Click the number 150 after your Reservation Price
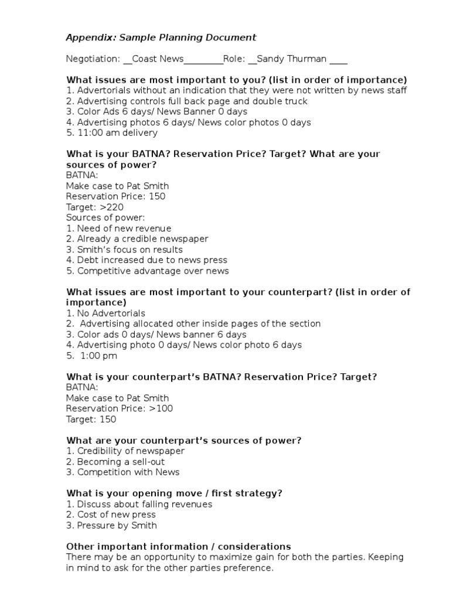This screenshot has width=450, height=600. click(x=157, y=196)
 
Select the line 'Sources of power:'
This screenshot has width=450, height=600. click(x=105, y=218)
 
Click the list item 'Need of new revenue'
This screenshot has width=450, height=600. click(x=124, y=229)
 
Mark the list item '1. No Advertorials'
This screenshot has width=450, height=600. click(x=105, y=313)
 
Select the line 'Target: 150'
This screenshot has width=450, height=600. click(x=91, y=420)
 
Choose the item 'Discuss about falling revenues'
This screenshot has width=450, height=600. click(x=144, y=504)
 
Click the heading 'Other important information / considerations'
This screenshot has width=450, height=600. click(x=179, y=547)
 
